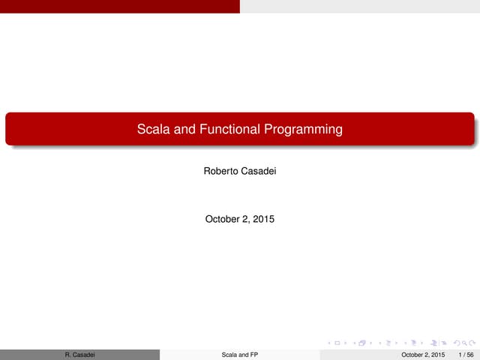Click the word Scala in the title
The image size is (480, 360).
tap(153, 130)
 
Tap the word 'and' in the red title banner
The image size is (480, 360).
tap(184, 130)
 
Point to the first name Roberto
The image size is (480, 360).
tap(221, 172)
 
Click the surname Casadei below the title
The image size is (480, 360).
tap(259, 172)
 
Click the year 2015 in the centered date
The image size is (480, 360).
tap(263, 220)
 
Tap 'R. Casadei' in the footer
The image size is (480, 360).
tap(79, 354)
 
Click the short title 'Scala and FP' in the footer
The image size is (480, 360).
tap(240, 354)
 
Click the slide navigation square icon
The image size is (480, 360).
tap(337, 343)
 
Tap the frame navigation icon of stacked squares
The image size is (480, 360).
tap(361, 343)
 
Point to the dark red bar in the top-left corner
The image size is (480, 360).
tap(120, 6)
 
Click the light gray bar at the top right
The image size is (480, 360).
tap(360, 6)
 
